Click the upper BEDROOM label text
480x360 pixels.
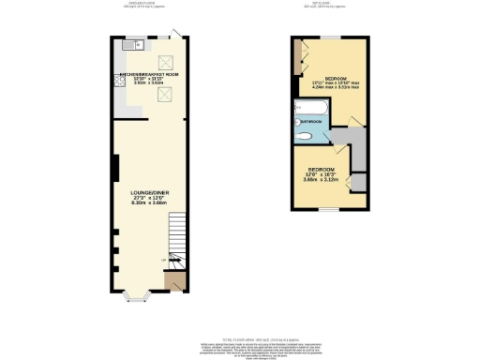click(336, 78)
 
